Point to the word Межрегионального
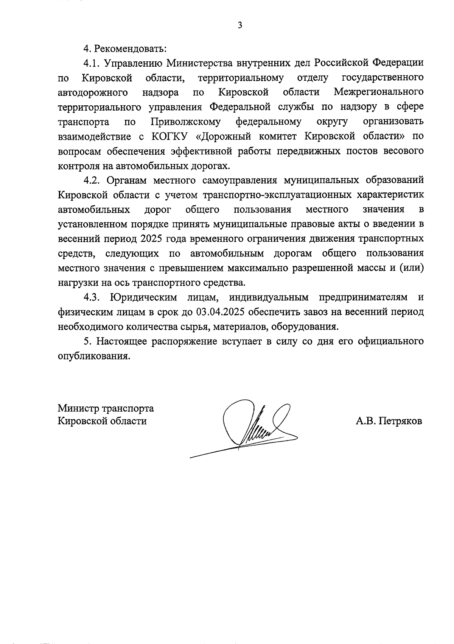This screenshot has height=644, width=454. [379, 92]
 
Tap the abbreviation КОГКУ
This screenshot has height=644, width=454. [169, 136]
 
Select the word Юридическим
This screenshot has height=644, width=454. [143, 298]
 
